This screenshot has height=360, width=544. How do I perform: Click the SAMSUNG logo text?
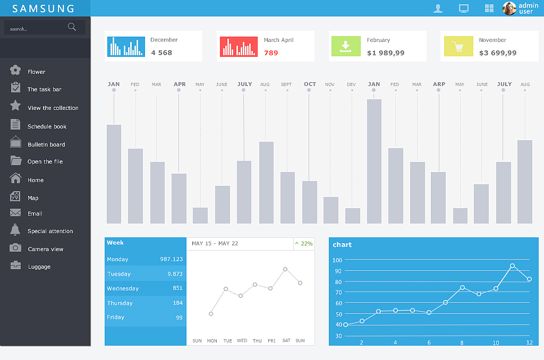pos(44,8)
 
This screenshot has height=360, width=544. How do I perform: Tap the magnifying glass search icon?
pos(72,27)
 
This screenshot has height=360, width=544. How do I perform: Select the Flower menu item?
pos(36,72)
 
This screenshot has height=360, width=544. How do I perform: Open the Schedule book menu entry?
pos(47,126)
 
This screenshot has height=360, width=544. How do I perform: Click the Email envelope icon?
pos(15,213)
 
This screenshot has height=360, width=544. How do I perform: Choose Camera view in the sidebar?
pos(45,249)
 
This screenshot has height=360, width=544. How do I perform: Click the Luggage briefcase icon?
pos(15,265)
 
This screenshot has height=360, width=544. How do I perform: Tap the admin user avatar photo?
pos(509,8)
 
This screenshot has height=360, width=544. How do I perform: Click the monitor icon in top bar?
pos(464,8)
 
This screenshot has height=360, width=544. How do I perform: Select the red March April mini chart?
pos(239,47)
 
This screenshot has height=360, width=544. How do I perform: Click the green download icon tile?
pos(345,46)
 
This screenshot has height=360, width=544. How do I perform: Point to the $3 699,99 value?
pos(497,53)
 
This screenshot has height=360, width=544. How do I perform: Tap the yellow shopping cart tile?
pos(458,46)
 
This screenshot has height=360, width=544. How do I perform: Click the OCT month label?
pos(310,84)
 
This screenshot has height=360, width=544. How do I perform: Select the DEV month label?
pos(351,84)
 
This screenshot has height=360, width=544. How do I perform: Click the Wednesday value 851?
pos(177,288)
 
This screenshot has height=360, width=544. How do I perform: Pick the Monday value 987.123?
pos(171,259)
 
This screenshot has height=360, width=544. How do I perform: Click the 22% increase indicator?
pos(304,244)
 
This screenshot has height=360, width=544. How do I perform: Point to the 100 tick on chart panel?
pos(337,260)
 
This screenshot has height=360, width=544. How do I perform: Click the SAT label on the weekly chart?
pos(286,341)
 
